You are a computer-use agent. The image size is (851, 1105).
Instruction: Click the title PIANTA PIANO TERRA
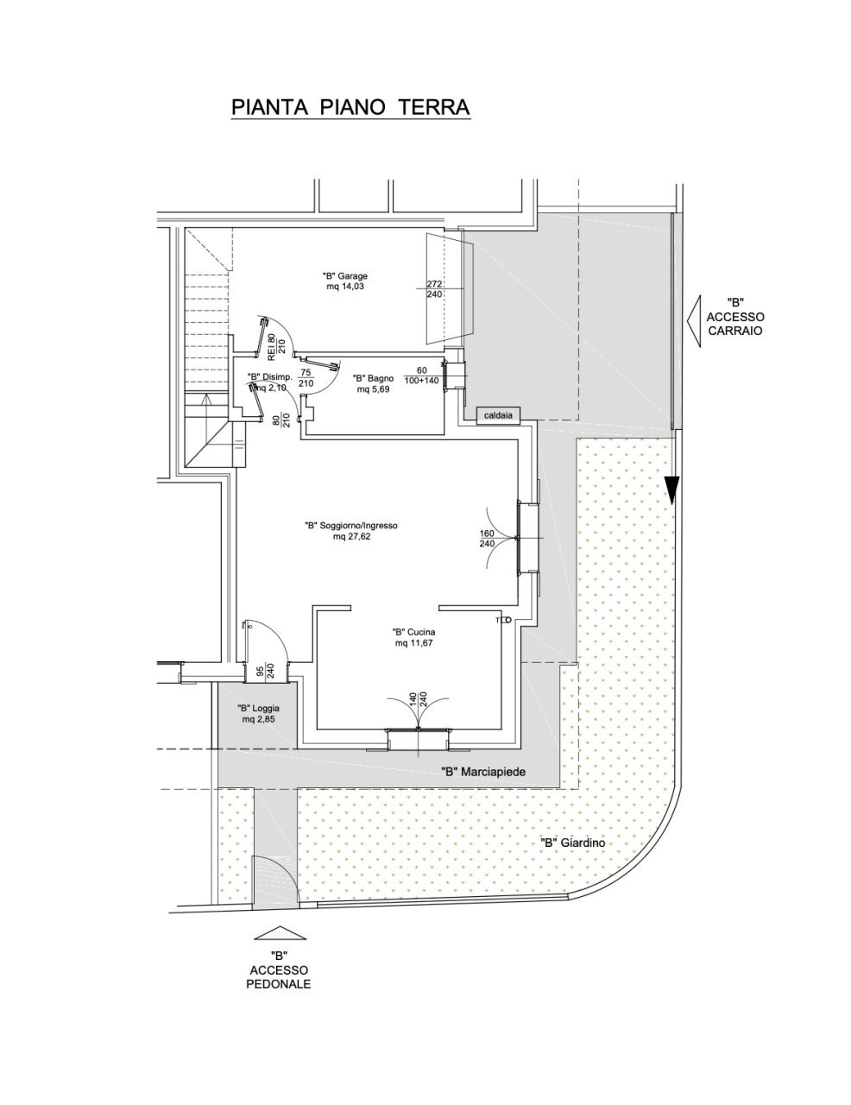click(350, 107)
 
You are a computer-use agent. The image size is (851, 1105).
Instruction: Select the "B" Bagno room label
click(373, 383)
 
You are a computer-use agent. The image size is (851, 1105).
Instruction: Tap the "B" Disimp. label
click(268, 381)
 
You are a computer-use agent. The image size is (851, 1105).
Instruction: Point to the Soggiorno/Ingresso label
click(350, 530)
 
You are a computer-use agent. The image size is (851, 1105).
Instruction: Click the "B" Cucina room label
click(412, 636)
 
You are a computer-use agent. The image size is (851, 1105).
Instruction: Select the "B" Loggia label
click(258, 713)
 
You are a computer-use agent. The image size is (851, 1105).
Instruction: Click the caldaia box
click(499, 416)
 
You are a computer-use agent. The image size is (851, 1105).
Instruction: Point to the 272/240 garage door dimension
click(434, 288)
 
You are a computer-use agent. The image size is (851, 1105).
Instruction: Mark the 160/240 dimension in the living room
click(486, 539)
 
